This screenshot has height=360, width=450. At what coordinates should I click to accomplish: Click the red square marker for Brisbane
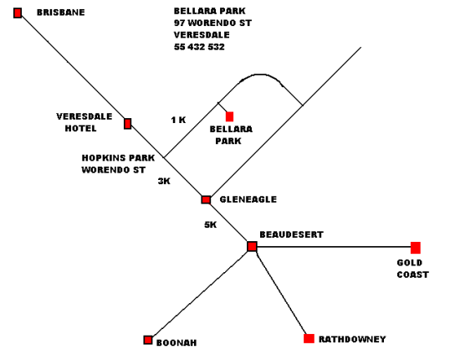point(18,13)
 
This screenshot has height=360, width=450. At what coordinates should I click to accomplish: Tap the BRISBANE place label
point(61,13)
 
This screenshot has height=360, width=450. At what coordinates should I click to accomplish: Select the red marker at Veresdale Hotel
point(128,124)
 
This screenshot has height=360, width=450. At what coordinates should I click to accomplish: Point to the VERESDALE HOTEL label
point(84,122)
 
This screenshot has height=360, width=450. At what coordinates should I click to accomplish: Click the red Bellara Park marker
point(229,116)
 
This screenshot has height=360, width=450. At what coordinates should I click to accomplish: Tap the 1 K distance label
point(178,120)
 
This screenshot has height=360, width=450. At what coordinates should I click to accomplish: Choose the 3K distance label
point(164,181)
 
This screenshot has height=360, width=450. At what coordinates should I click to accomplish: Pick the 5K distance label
point(211,224)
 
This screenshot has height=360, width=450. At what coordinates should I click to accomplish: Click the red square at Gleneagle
point(206,200)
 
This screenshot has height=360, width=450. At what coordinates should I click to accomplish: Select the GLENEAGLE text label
point(248,199)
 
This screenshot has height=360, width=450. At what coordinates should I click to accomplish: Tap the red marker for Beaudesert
point(252,246)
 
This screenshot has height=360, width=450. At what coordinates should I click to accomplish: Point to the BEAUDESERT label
point(292,234)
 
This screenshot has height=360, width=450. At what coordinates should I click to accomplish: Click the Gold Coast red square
point(416,248)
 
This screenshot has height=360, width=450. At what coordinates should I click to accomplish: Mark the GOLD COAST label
point(412,269)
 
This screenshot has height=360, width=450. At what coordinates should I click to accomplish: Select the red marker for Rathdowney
point(309,338)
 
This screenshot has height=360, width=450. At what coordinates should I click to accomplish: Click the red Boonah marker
point(148,340)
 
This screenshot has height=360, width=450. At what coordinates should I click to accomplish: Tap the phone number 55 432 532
point(199,47)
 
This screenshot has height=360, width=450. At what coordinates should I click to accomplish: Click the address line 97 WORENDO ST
point(212,23)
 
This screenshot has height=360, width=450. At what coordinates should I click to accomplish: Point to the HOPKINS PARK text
point(118,157)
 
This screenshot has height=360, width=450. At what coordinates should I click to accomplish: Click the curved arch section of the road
point(260,75)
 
